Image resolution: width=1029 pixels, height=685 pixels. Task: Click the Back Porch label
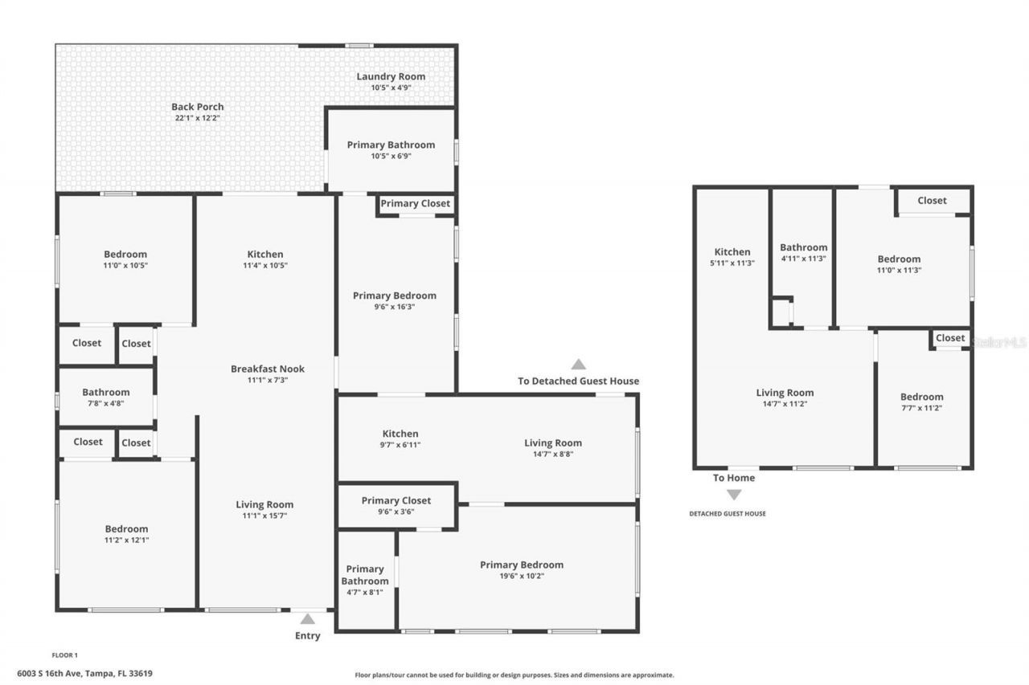coord(198,107)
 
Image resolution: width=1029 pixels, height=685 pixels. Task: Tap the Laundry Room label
coord(391,77)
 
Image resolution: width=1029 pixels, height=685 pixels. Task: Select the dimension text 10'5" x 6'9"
coord(391,156)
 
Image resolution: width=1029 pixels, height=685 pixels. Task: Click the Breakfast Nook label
coord(268,369)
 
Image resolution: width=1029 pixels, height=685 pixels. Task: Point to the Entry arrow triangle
coord(307,619)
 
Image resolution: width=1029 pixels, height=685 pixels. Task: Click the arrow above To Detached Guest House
coord(578,365)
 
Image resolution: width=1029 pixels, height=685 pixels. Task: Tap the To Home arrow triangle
coord(734,495)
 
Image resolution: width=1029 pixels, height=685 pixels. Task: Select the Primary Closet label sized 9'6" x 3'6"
coord(396,500)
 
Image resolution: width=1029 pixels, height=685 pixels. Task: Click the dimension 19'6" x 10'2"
coord(521,576)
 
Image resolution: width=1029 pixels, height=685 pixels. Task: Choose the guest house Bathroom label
coord(803,247)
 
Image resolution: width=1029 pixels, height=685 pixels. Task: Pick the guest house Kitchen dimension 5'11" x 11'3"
coord(732,263)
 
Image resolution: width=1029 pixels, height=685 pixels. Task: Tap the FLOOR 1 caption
coord(64,655)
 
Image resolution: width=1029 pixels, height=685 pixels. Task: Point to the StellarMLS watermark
coord(998,342)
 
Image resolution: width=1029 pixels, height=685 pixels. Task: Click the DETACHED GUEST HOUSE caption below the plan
coord(727,514)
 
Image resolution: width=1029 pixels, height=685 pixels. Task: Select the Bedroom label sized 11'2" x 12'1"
coord(126,528)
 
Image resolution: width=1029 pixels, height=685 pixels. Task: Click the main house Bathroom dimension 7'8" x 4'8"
coord(106,403)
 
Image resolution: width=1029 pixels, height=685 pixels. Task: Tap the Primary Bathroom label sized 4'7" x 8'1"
coord(365,575)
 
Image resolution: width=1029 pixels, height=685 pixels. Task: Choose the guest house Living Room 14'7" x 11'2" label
coord(785,393)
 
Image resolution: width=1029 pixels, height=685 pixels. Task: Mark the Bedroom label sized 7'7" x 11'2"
coord(921,397)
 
